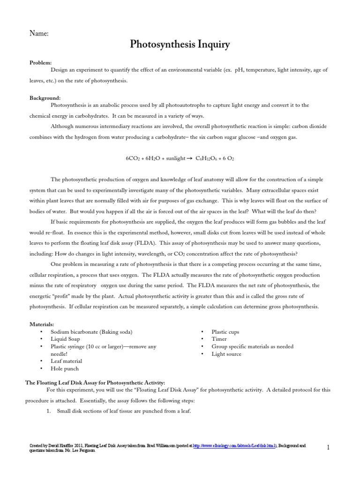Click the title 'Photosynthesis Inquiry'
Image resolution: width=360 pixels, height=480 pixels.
180,45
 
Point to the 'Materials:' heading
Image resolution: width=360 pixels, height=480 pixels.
42,324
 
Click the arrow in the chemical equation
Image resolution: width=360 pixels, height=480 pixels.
190,159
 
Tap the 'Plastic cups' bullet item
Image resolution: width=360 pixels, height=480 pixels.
225,331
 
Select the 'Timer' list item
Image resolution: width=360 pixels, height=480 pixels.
219,339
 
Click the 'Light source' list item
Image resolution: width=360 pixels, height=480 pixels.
226,354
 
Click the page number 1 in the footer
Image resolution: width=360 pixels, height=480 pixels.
328,448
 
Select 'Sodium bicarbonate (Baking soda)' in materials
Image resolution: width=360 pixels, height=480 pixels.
95,331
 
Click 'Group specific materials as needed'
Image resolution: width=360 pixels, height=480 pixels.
253,346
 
